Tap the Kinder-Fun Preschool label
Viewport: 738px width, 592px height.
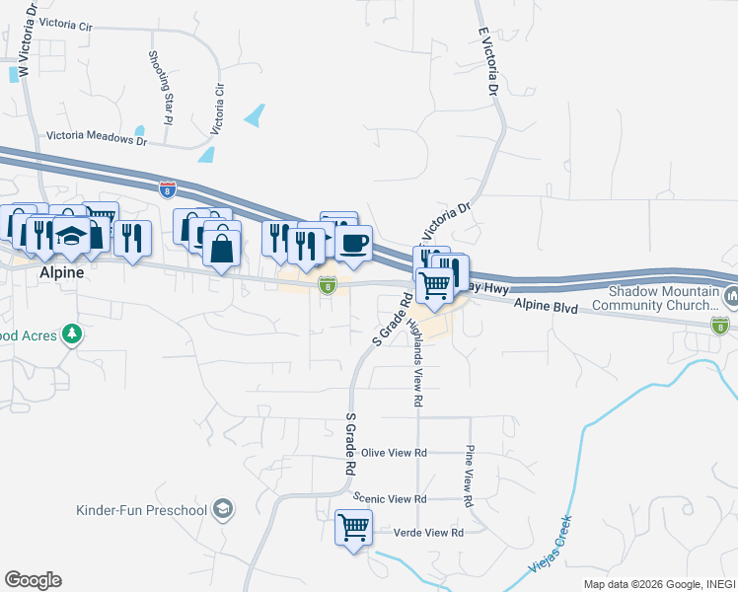141,510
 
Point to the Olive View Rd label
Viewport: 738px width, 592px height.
393,453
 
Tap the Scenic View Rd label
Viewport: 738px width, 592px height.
393,500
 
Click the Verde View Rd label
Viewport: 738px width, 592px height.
428,533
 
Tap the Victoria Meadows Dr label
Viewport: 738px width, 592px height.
97,138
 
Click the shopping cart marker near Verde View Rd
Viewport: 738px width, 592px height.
353,526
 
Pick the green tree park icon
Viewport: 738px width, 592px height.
71,335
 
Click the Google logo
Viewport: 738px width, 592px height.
33,580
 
